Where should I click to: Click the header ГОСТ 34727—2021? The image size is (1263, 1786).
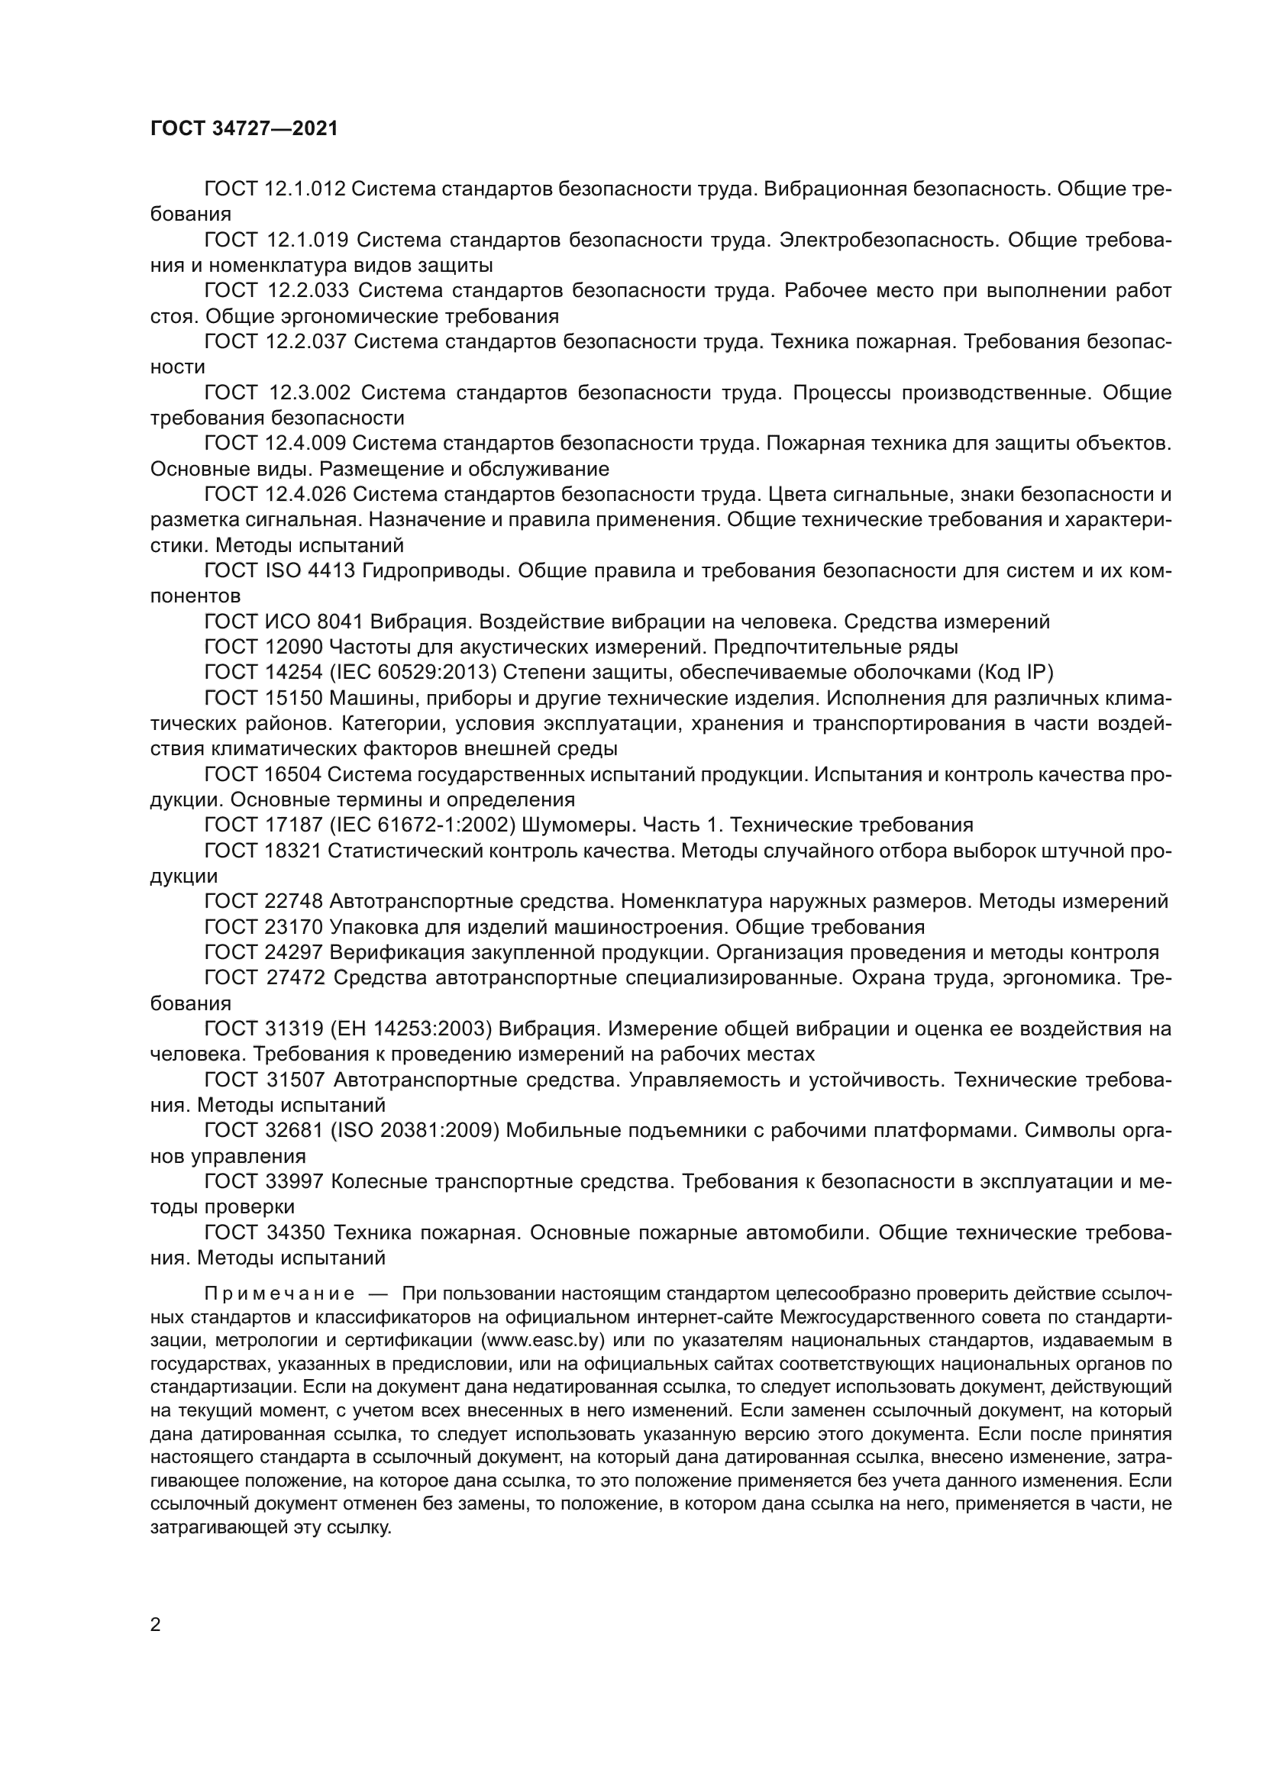click(x=244, y=129)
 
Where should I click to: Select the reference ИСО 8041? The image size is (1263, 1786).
click(x=314, y=622)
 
